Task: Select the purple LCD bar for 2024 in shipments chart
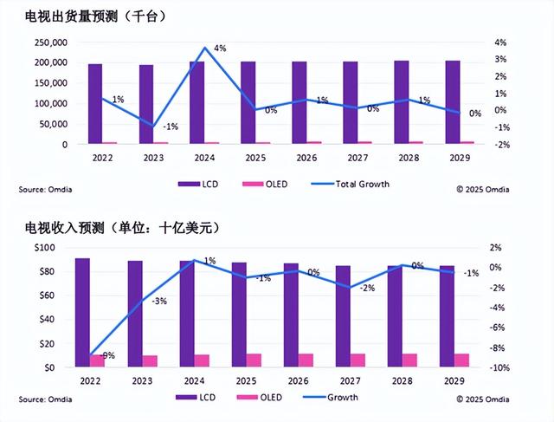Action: point(196,102)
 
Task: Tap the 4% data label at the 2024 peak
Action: point(220,49)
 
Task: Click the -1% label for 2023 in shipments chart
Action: point(171,127)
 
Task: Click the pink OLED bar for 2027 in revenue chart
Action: point(357,360)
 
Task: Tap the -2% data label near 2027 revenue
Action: point(367,288)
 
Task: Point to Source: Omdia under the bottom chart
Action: point(43,399)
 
